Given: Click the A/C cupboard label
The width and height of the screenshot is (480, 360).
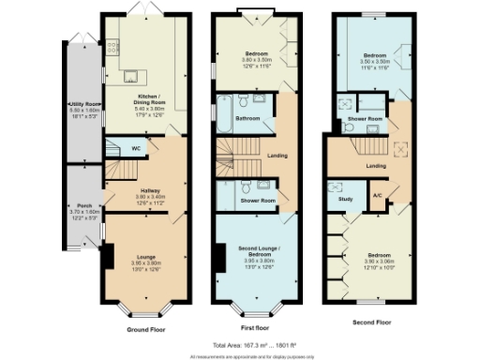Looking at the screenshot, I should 378,195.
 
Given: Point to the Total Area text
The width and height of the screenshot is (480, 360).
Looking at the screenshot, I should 250,345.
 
